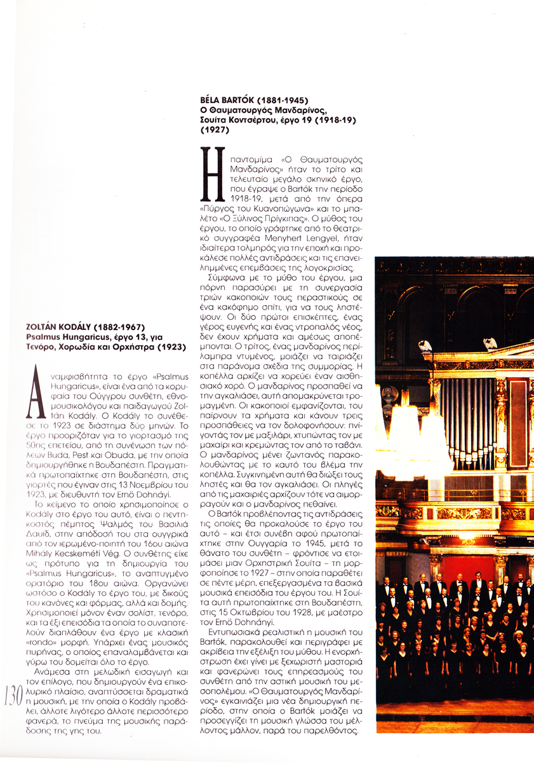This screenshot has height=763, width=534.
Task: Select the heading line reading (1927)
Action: tap(214, 130)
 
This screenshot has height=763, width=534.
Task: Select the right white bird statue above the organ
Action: tap(490, 344)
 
